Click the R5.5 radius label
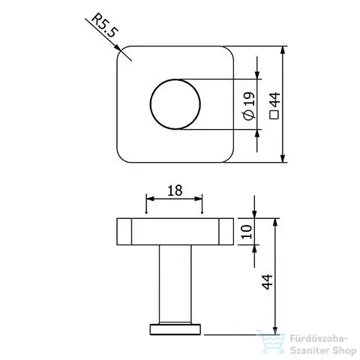pos(104,25)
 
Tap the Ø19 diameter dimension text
pos(249,106)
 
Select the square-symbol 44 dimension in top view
pos(274,106)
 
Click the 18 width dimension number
pos(175,190)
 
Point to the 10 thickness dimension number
pos(247,232)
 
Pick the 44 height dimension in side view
pos(267,282)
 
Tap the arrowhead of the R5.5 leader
pos(117,47)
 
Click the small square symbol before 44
pos(274,115)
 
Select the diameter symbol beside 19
pos(249,115)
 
